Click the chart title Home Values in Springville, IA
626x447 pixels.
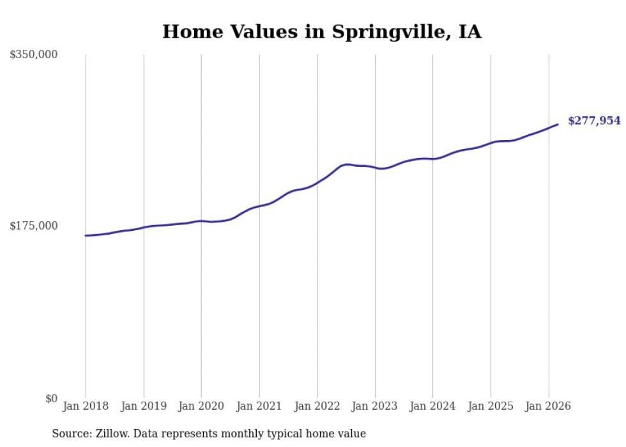coord(322,31)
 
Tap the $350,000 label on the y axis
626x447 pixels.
coord(34,55)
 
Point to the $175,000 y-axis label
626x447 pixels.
coord(34,226)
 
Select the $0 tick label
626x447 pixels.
coord(51,398)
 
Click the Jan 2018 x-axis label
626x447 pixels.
coord(86,406)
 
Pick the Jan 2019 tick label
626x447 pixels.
coord(144,406)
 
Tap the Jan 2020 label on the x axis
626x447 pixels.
coord(201,406)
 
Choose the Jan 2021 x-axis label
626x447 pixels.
coord(259,406)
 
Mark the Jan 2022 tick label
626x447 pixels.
coord(317,406)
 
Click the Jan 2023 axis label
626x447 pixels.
coord(375,406)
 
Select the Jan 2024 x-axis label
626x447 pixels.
coord(432,406)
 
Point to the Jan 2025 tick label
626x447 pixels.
coord(491,406)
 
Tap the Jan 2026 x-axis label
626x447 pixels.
coord(548,406)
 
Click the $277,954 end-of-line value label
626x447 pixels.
coord(594,120)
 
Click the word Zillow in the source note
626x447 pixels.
coord(109,434)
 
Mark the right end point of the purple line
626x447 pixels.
coord(558,124)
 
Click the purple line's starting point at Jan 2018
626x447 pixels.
coord(86,235)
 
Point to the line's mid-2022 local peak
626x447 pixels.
coord(347,164)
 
